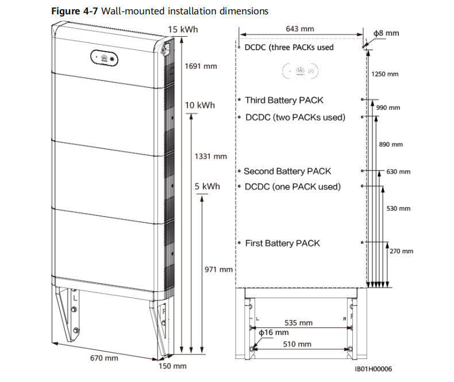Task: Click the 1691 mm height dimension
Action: click(201, 66)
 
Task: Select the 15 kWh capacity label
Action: click(184, 29)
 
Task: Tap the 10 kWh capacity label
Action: click(199, 105)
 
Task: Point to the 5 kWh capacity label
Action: click(207, 187)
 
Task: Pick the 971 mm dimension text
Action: click(218, 269)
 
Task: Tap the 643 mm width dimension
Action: click(300, 28)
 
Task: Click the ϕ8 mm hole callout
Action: click(385, 34)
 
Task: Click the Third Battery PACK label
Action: click(284, 100)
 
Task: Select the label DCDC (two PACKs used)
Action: click(295, 117)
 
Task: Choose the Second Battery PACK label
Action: click(287, 171)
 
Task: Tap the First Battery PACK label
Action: click(282, 243)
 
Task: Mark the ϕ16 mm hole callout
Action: click(274, 333)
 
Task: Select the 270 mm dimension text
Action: click(401, 251)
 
